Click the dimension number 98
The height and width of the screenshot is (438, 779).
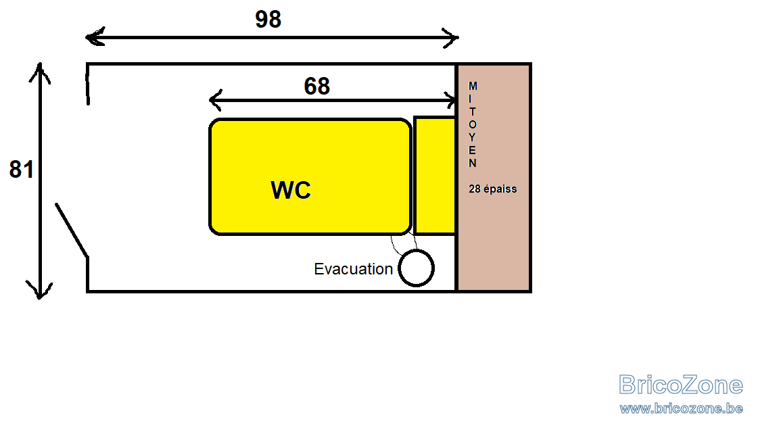pyautogui.click(x=268, y=20)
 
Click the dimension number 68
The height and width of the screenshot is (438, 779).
pyautogui.click(x=317, y=87)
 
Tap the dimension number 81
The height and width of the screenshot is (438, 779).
pyautogui.click(x=22, y=170)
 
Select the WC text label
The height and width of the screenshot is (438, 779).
pyautogui.click(x=291, y=190)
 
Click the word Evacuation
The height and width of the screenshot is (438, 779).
pyautogui.click(x=353, y=269)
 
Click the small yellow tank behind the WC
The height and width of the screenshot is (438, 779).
pyautogui.click(x=435, y=175)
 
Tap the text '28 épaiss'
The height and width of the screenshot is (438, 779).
pyautogui.click(x=493, y=189)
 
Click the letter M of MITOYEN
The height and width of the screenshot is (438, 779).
pyautogui.click(x=473, y=86)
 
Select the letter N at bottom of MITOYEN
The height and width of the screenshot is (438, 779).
pyautogui.click(x=473, y=163)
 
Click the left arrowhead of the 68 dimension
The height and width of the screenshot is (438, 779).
pyautogui.click(x=214, y=100)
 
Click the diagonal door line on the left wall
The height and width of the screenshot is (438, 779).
pyautogui.click(x=72, y=230)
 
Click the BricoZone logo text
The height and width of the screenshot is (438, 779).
pyautogui.click(x=681, y=385)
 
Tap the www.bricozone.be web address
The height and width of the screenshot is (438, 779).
pyautogui.click(x=681, y=409)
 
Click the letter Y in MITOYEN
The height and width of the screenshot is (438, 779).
pyautogui.click(x=473, y=137)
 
